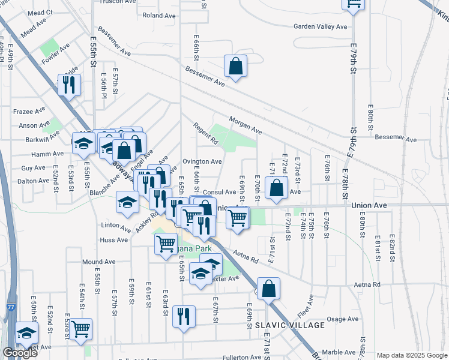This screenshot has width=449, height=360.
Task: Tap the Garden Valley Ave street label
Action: (320, 26)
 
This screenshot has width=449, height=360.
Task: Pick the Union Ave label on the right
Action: (368, 205)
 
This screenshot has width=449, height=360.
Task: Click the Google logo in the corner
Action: (19, 353)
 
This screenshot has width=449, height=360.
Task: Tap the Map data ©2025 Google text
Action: (412, 355)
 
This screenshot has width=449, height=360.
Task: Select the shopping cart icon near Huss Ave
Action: (165, 244)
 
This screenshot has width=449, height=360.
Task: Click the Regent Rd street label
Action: (205, 134)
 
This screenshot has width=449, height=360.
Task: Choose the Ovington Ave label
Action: (202, 161)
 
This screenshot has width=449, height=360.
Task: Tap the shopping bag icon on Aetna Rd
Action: (268, 288)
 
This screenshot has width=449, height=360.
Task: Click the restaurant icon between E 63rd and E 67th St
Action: (184, 316)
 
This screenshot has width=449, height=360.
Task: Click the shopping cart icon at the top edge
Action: (353, 5)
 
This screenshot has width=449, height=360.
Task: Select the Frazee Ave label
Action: (29, 111)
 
